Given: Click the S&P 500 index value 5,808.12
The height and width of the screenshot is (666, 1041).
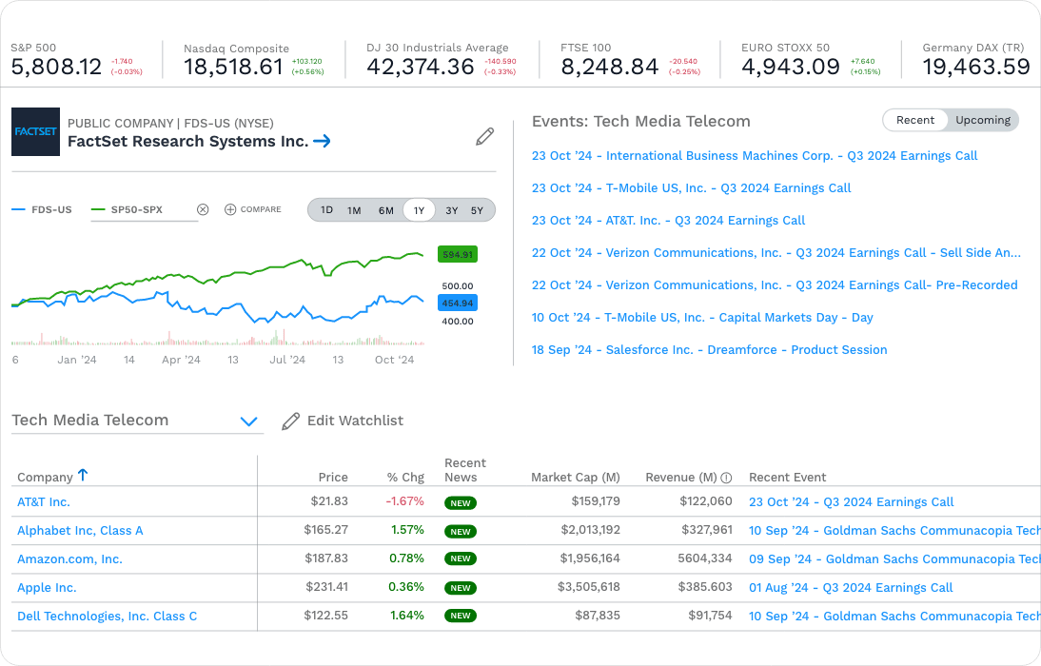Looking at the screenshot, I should click(x=56, y=68).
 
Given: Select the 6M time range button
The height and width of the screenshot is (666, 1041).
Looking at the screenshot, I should click(x=385, y=210).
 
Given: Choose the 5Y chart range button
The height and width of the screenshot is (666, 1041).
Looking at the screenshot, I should click(x=477, y=210).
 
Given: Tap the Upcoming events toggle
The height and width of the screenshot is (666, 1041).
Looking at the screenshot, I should click(x=983, y=120).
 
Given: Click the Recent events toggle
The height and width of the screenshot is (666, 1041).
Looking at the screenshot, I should click(x=915, y=120).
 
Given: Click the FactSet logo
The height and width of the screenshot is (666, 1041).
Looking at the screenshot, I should click(x=35, y=132).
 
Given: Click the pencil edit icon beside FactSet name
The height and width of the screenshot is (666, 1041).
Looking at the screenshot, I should click(x=484, y=137).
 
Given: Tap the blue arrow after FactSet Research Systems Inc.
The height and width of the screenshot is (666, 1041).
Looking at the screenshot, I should click(x=322, y=142).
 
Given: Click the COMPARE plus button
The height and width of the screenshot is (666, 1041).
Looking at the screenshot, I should click(x=230, y=209).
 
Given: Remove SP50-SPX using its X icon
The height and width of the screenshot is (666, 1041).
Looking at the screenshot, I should click(x=202, y=209).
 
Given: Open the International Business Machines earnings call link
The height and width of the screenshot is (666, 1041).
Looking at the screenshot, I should click(x=755, y=156).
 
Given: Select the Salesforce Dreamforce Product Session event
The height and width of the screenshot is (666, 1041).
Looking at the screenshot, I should click(x=709, y=350).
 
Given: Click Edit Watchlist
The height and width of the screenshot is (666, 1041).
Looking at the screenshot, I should click(x=344, y=421).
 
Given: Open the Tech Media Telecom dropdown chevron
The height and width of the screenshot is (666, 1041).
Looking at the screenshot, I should click(x=249, y=421).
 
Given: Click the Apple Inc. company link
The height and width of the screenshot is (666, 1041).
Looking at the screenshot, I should click(x=47, y=588).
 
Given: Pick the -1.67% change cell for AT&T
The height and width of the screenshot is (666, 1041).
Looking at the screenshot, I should click(x=404, y=502).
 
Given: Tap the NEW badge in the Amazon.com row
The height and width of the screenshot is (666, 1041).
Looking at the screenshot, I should click(x=461, y=559).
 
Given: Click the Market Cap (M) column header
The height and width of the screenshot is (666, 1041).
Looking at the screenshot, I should click(x=575, y=478).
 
